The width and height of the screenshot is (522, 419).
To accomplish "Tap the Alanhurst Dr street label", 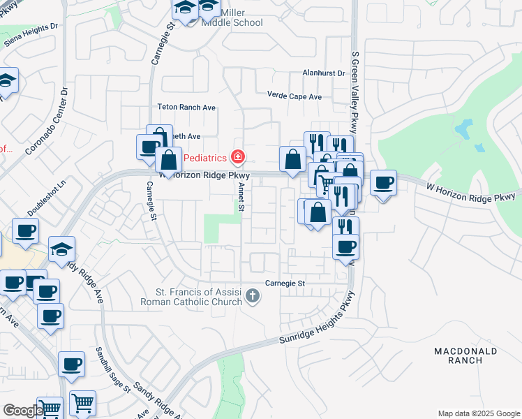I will [324, 73].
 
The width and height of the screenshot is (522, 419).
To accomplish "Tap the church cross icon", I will [253, 297].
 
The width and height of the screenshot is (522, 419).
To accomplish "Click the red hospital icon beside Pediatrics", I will [239, 156].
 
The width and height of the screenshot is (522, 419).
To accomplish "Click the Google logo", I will [24, 411].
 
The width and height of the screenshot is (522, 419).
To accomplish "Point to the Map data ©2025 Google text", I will [478, 413].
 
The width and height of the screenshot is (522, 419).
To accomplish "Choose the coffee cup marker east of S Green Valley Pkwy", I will [382, 184].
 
